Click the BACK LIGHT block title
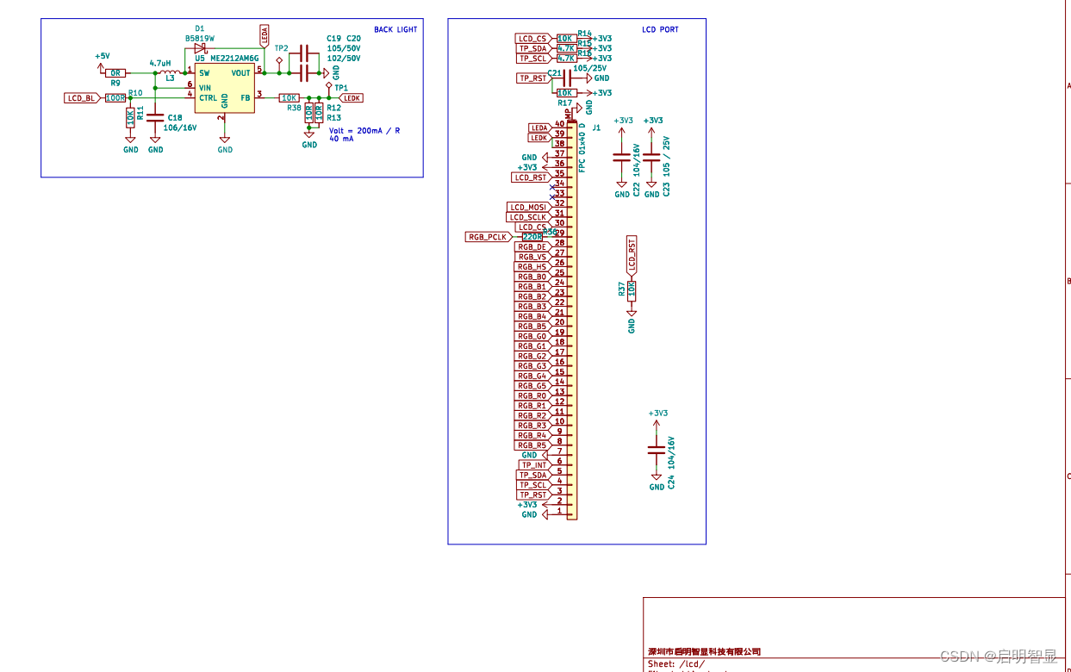click(395, 29)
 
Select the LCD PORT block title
click(660, 29)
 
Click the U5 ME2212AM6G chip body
click(224, 86)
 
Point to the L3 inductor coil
click(171, 72)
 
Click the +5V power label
click(103, 56)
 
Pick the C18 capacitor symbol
click(155, 117)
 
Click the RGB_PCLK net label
click(488, 237)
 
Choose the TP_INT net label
click(533, 465)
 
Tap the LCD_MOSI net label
click(527, 208)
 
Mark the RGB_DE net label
click(532, 247)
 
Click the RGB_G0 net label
click(532, 336)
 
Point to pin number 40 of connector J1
click(559, 123)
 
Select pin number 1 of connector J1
click(559, 511)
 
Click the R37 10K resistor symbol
click(632, 289)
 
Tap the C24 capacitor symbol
click(657, 450)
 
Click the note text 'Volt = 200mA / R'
click(364, 131)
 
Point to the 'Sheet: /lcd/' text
click(676, 664)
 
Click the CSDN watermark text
click(999, 656)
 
